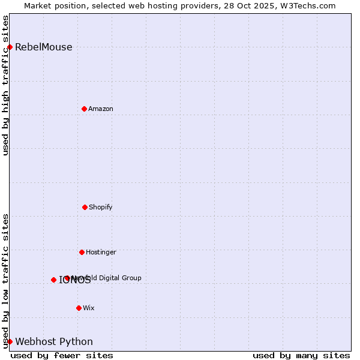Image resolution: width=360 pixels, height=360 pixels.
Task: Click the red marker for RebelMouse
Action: [x=10, y=47]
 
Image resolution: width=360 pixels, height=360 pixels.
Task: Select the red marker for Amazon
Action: [x=84, y=109]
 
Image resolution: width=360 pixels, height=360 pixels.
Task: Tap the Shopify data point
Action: [x=85, y=207]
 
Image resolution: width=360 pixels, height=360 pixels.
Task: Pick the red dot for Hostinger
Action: [x=82, y=252]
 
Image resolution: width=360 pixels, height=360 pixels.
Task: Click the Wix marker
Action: [x=79, y=308]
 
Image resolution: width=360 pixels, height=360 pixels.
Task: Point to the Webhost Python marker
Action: [x=10, y=341]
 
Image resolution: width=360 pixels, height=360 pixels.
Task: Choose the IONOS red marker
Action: [x=53, y=280]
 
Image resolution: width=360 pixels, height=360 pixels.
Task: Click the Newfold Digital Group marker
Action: [x=67, y=278]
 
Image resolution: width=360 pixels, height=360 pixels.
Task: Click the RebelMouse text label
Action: [x=43, y=47]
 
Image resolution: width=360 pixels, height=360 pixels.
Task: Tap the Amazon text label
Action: [x=101, y=109]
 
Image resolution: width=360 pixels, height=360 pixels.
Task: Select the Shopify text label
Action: [x=101, y=207]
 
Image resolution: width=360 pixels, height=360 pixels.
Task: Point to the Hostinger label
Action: [x=101, y=252]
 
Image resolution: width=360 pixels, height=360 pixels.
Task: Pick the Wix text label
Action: [x=89, y=308]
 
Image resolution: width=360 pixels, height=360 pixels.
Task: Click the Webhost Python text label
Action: [x=54, y=342]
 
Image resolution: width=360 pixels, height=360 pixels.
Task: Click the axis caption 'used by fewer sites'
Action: [x=62, y=355]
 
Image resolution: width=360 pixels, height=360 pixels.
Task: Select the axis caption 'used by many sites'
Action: [x=301, y=355]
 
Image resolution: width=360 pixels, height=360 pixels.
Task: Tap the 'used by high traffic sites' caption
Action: [x=5, y=85]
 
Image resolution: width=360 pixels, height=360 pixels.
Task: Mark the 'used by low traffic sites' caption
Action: [x=5, y=281]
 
